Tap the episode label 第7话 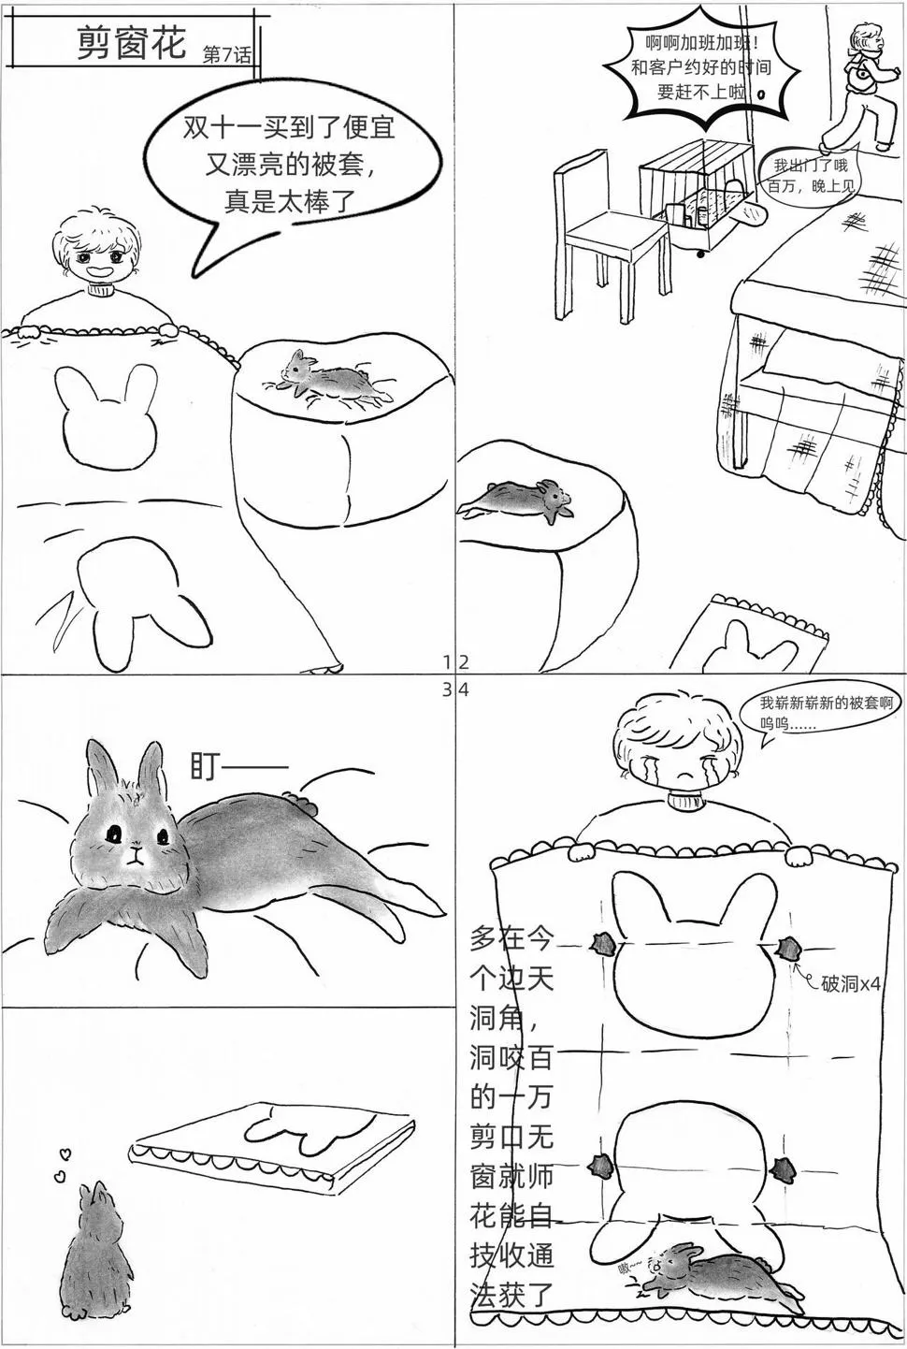[x=227, y=54]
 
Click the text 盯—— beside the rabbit [x=238, y=767]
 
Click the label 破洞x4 [x=851, y=984]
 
